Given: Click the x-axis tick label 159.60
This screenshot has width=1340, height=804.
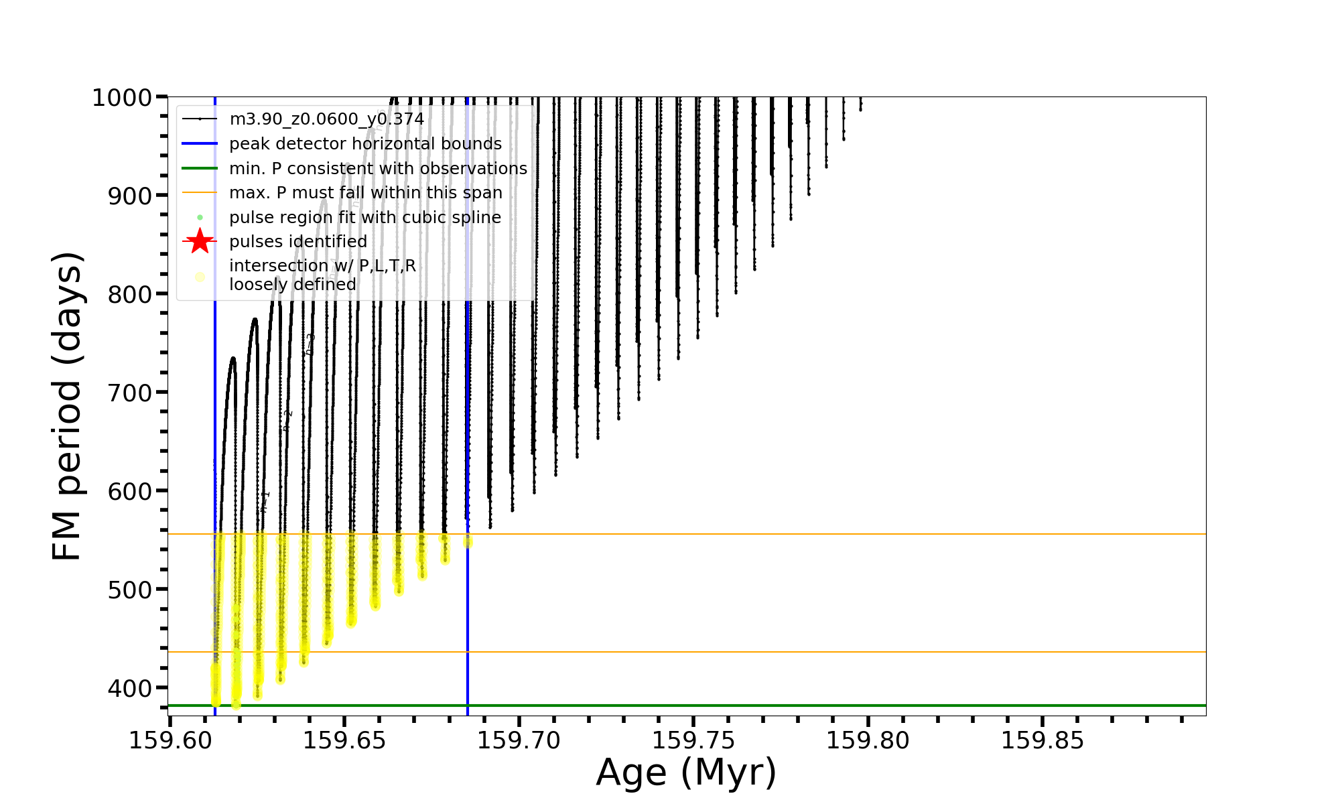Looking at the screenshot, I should coord(170,740).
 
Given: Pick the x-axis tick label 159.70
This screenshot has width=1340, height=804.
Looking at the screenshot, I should coord(519,740).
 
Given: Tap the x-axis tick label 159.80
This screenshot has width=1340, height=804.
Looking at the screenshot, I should coord(868,740).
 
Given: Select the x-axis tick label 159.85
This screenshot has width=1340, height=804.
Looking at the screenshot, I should coord(1043,740).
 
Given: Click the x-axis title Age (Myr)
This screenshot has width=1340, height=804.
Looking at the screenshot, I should coord(686,773).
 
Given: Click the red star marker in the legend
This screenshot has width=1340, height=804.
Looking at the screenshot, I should coord(200,241).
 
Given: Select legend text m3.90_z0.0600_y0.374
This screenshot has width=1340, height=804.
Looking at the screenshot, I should coord(326,119).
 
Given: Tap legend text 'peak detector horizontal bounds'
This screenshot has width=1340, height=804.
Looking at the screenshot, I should coord(365,144).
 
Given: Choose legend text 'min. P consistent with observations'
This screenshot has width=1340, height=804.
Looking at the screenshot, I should coord(378,169).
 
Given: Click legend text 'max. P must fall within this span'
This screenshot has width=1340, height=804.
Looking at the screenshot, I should coord(365,193).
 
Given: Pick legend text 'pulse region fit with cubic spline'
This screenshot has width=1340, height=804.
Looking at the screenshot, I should coord(364,218).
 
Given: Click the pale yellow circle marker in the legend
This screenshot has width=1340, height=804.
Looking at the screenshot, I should coord(200,277).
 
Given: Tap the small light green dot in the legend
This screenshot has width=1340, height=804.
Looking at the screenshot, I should coord(200,218).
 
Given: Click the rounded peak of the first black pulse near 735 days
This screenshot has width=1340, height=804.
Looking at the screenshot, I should coord(232,358).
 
